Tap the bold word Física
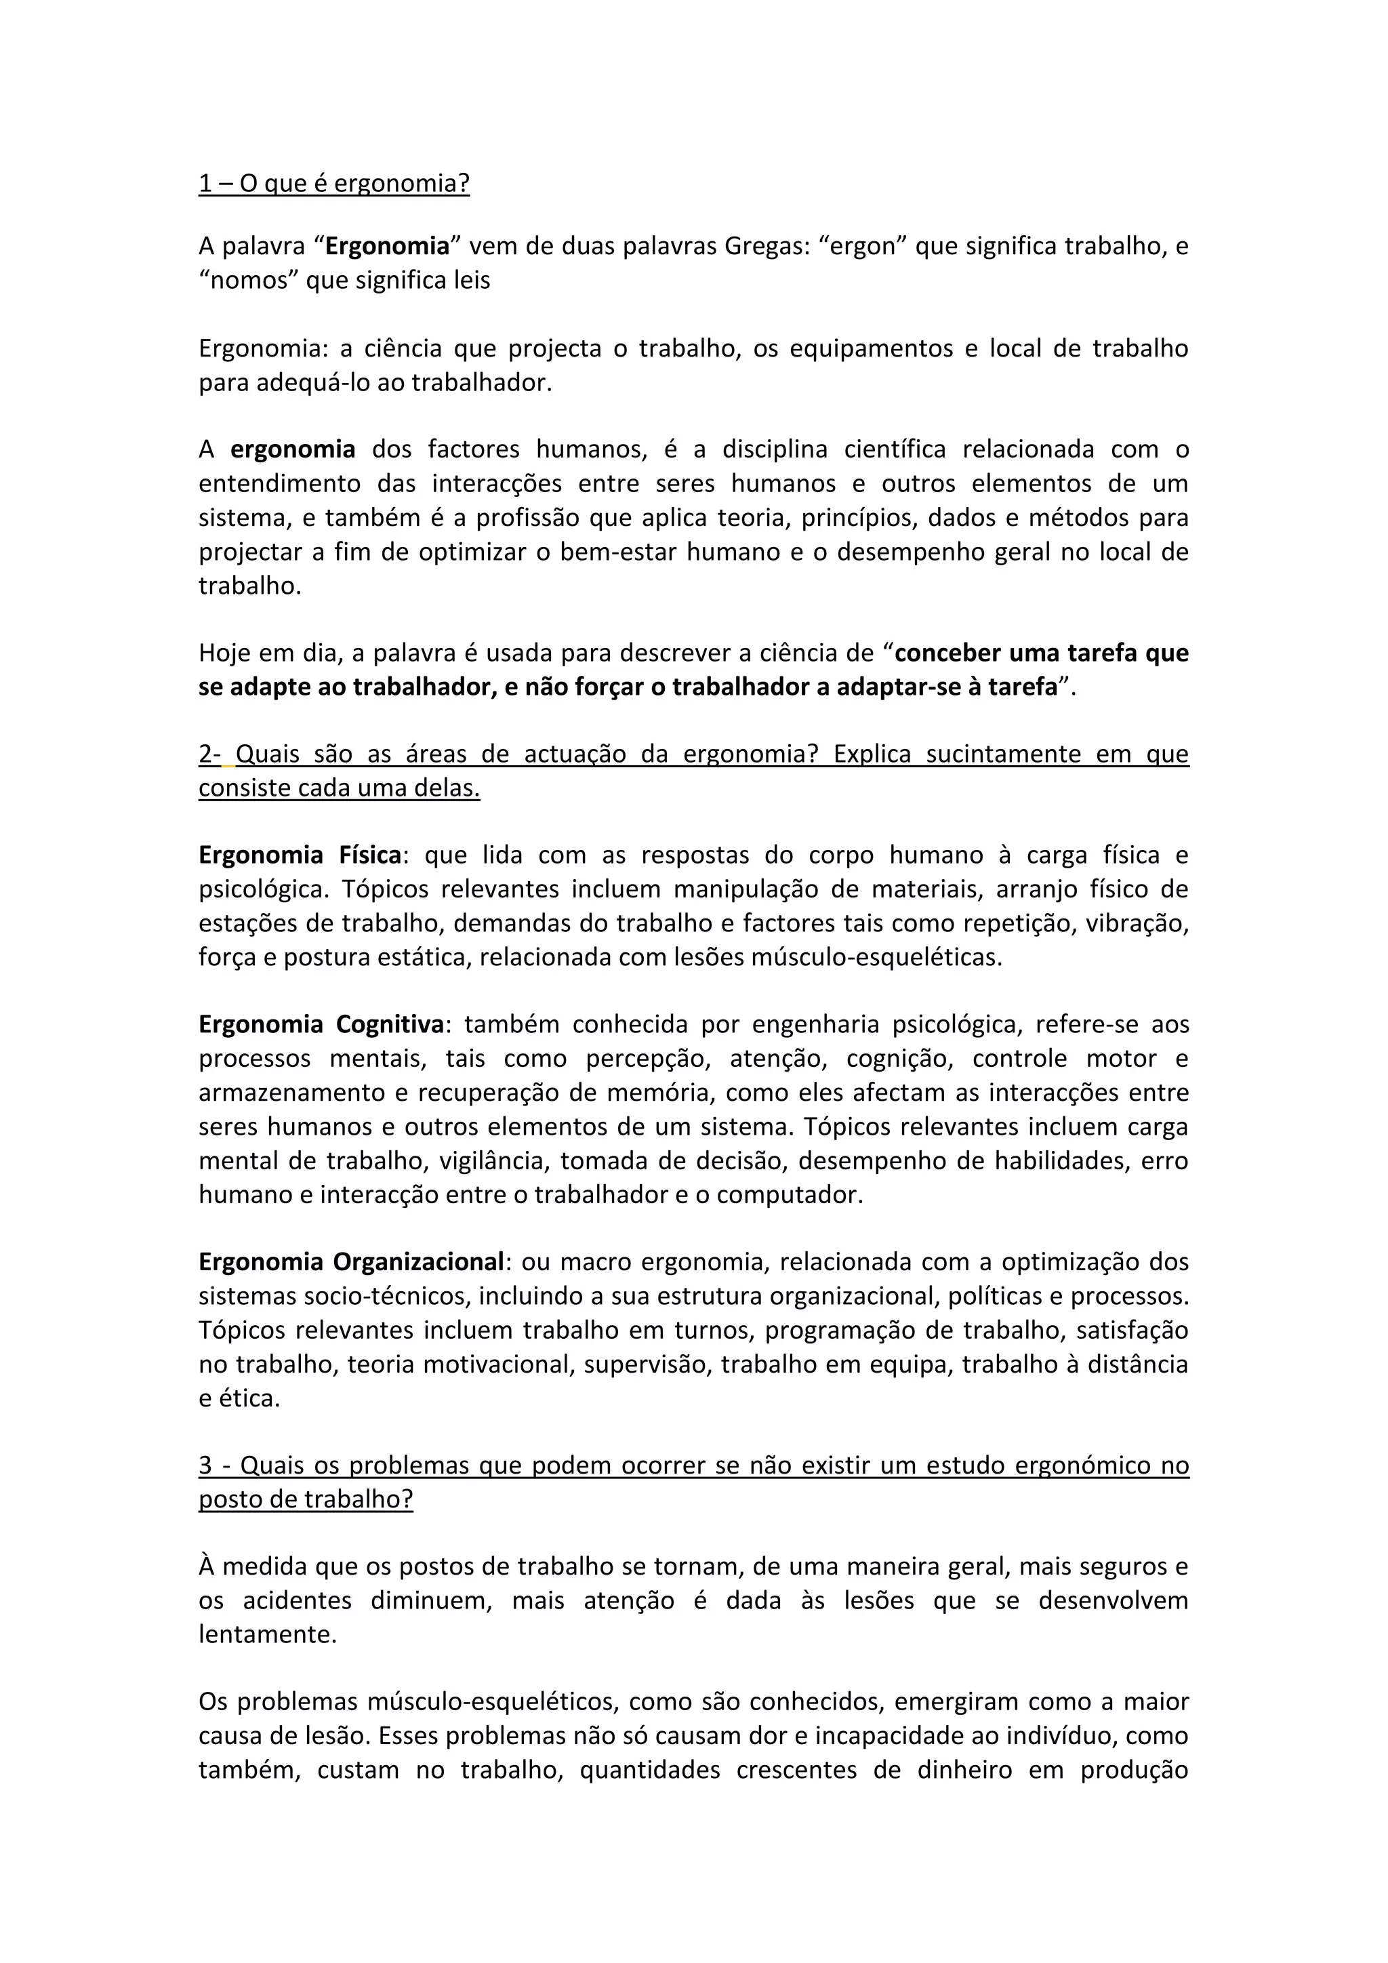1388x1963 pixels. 370,855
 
